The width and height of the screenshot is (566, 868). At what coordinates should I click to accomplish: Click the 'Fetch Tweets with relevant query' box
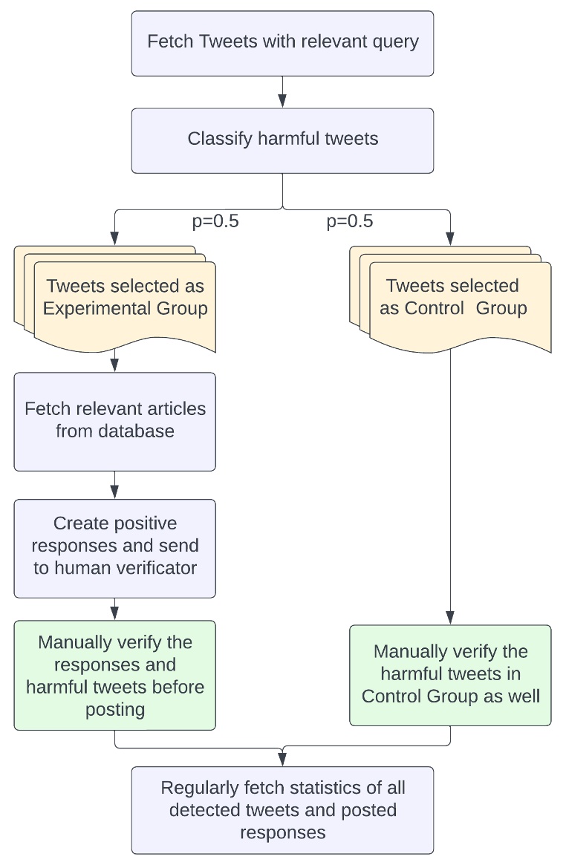tap(282, 43)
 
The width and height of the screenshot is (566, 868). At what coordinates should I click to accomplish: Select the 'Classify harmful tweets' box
tap(282, 140)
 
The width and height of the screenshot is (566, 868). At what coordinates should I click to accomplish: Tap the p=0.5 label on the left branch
tap(215, 221)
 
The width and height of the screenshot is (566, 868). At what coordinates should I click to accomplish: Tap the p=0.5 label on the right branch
tap(350, 221)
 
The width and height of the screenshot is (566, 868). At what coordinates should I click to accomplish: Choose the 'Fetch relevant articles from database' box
tap(114, 421)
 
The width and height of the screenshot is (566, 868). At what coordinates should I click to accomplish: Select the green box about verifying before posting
tap(114, 675)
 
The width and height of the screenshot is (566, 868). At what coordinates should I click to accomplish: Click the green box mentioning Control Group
tap(450, 675)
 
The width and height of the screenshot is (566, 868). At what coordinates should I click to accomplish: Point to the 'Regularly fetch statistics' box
tap(282, 810)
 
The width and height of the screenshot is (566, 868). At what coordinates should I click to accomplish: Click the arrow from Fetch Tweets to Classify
tap(282, 92)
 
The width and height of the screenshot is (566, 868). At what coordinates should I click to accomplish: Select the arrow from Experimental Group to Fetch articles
tap(114, 363)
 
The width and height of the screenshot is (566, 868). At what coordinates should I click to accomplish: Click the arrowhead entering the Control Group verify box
tap(450, 619)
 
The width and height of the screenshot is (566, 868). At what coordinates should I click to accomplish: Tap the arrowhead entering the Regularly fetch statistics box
tap(282, 760)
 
